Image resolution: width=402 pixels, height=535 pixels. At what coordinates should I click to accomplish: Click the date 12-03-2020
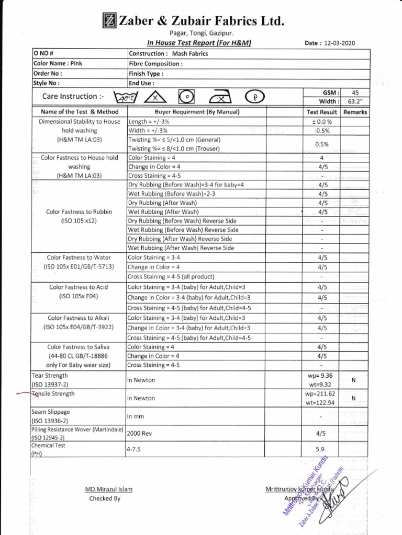(338, 43)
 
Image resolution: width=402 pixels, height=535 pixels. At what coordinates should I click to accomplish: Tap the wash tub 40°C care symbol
(126, 97)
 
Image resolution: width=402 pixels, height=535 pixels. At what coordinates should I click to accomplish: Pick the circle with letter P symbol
(254, 97)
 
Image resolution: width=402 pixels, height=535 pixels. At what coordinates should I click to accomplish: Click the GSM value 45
(355, 92)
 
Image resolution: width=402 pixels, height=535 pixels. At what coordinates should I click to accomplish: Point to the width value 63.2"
(355, 101)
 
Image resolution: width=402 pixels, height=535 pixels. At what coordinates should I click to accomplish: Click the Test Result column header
(321, 112)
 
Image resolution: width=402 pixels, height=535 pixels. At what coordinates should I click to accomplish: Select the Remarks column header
(355, 112)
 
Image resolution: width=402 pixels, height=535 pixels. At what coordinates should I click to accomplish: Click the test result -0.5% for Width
(321, 131)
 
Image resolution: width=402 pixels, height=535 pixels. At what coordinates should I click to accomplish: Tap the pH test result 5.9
(321, 449)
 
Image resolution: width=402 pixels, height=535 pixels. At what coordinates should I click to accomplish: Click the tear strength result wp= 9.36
(321, 376)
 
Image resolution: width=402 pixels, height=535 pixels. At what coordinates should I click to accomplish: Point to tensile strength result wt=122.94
(321, 402)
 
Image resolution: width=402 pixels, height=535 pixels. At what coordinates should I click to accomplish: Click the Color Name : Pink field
(58, 63)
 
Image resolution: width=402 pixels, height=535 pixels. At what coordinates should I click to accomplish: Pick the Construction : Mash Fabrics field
(168, 54)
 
